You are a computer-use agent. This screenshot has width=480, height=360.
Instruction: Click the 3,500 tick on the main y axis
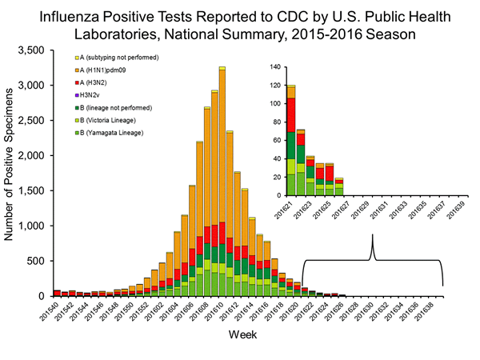click(38, 50)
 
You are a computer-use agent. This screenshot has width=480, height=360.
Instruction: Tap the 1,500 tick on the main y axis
click(38, 190)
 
